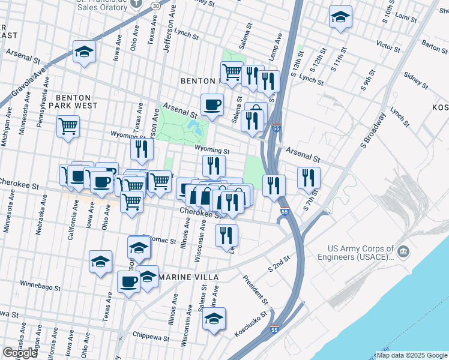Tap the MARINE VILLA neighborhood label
click(186, 277)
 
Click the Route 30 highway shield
click(155, 5)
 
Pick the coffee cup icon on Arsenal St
click(212, 105)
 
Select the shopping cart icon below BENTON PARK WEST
click(68, 127)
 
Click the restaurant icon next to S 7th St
click(309, 177)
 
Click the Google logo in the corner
click(20, 353)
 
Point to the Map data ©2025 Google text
click(411, 355)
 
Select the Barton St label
click(431, 44)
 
